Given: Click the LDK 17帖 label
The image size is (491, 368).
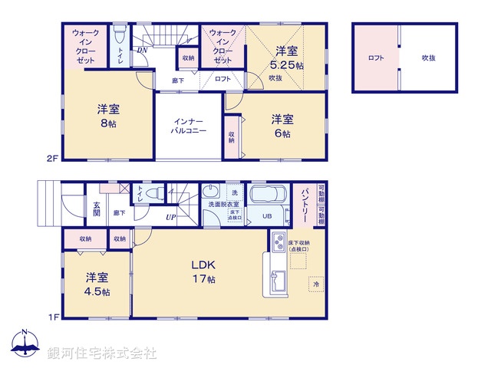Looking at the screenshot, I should click(203, 272).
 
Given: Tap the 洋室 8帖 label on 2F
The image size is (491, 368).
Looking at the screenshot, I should click(107, 116).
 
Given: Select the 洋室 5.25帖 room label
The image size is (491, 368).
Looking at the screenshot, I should click(288, 58).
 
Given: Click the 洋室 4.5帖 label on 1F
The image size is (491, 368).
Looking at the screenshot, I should click(97, 284).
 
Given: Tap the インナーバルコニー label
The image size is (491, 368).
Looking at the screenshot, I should click(189, 126).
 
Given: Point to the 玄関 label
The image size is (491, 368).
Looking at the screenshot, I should click(97, 209).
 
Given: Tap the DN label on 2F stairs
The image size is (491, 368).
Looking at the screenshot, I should click(143, 52).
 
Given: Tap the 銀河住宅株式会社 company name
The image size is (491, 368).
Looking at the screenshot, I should click(102, 353).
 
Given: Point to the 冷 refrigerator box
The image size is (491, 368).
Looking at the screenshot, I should click(315, 285).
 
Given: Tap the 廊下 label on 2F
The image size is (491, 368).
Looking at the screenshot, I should click(178, 79).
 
